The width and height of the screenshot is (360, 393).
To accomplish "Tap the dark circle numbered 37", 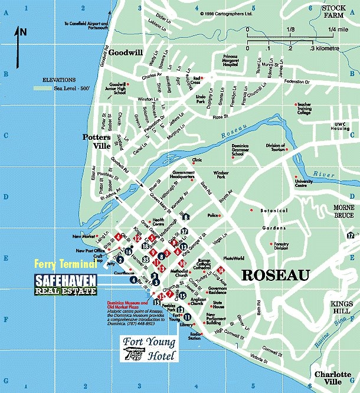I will (x=184, y=231).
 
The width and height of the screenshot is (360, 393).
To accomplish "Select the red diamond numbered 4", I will (x=119, y=237).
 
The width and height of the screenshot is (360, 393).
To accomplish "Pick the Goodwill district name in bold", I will (x=125, y=52).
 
